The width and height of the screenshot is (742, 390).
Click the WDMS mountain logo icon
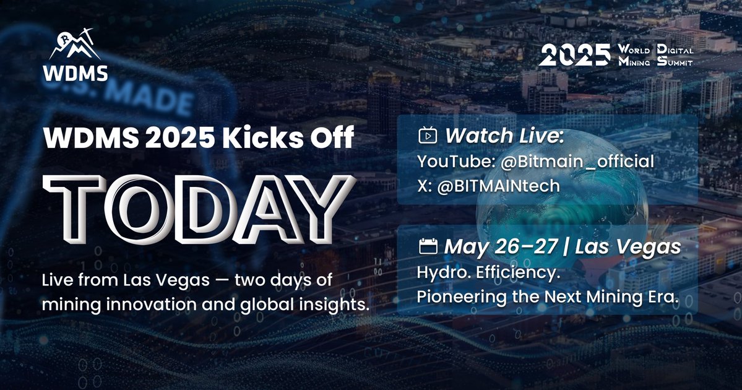pyautogui.click(x=75, y=44)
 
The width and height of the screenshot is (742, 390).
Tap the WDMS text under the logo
pyautogui.click(x=75, y=74)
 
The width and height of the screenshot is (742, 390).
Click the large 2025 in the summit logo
pyautogui.click(x=574, y=55)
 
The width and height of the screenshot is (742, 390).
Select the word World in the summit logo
pyautogui.click(x=634, y=50)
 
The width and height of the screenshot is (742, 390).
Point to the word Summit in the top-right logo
pyautogui.click(x=675, y=61)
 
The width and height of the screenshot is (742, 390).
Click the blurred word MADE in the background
pyautogui.click(x=149, y=100)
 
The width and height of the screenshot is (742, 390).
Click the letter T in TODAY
pyautogui.click(x=74, y=209)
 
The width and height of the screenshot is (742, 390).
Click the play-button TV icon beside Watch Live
pyautogui.click(x=428, y=136)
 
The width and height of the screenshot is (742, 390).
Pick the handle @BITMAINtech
pyautogui.click(x=498, y=186)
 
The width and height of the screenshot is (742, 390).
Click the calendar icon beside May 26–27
pyautogui.click(x=428, y=246)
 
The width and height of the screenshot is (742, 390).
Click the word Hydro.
pyautogui.click(x=444, y=273)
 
